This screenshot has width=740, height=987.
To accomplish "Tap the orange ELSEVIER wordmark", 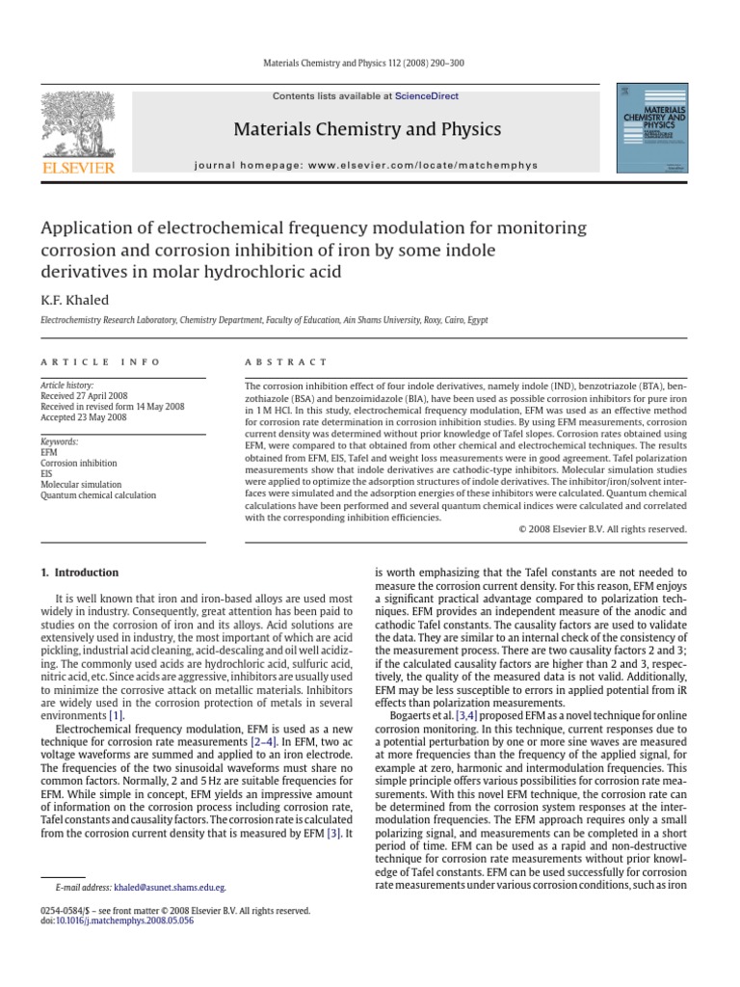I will click(x=77, y=169).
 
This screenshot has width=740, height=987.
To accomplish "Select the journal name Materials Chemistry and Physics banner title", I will click(x=367, y=129).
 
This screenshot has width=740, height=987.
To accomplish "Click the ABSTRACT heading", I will click(x=287, y=362).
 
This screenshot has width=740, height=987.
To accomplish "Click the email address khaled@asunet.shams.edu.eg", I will click(x=170, y=887).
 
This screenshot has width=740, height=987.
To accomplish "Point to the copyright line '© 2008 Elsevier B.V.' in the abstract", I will click(x=602, y=529).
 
